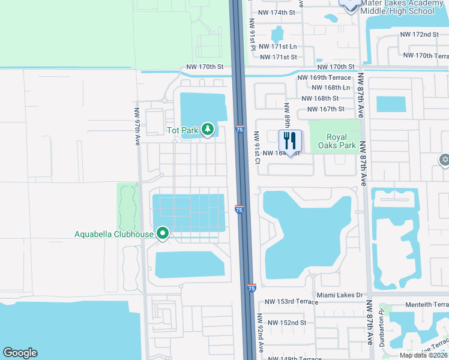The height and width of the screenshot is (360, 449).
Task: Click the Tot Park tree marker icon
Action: pyautogui.click(x=207, y=129)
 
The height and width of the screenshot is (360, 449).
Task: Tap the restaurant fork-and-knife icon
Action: pyautogui.click(x=290, y=142)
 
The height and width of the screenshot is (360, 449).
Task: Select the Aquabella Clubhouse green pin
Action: pyautogui.click(x=162, y=233)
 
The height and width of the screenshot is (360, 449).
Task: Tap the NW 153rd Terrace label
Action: pyautogui.click(x=292, y=302)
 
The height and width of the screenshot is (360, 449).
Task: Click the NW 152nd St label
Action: pyautogui.click(x=287, y=323)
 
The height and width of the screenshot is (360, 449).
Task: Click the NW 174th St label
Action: pyautogui.click(x=277, y=12)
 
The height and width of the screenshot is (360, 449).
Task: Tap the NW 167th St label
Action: pyautogui.click(x=326, y=109)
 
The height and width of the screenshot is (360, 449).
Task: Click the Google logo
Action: pyautogui.click(x=20, y=353)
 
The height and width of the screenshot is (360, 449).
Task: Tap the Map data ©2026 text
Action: pyautogui.click(x=424, y=355)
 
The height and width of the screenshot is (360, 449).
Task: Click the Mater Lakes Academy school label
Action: pyautogui.click(x=396, y=7)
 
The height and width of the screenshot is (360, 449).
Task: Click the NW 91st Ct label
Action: pyautogui.click(x=256, y=148)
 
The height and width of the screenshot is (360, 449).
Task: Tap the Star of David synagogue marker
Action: pyautogui.click(x=444, y=159)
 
